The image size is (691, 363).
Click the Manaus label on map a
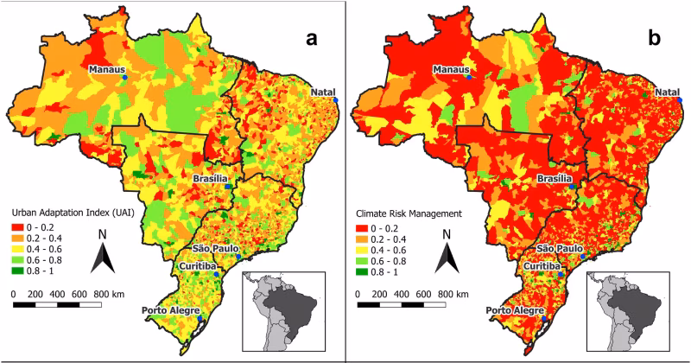pyautogui.click(x=107, y=69)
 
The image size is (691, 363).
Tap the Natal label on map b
pyautogui.click(x=667, y=92)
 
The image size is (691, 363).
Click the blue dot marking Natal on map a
pyautogui.click(x=336, y=101)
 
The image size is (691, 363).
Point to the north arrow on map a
pyautogui.click(x=103, y=255)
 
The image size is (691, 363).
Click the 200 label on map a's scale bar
pyautogui.click(x=37, y=294)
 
